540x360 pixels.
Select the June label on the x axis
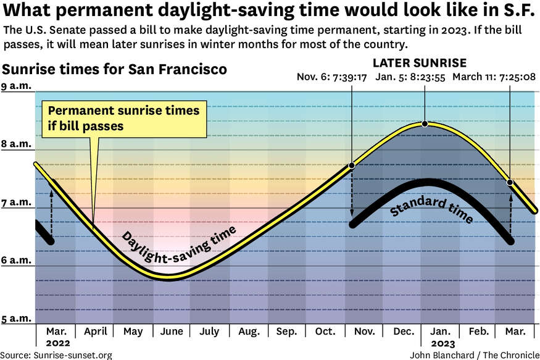(171, 332)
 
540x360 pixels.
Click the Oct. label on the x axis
(325, 332)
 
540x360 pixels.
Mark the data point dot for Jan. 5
(425, 124)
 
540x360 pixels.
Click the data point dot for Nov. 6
(352, 165)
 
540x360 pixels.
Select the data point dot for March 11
(510, 182)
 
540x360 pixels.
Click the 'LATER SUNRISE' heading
(420, 63)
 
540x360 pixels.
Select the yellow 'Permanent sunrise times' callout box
(124, 118)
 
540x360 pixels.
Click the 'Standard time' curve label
(431, 210)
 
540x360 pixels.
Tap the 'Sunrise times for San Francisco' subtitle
(115, 69)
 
